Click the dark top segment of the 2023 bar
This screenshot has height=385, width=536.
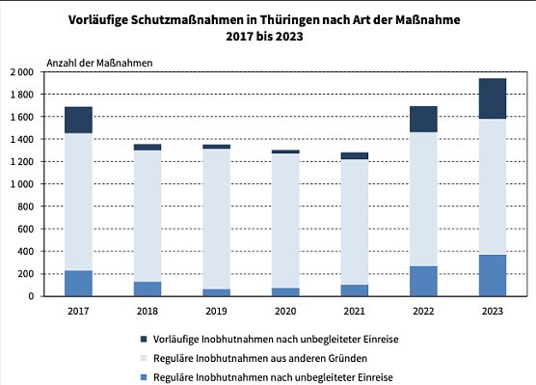(x=493, y=98)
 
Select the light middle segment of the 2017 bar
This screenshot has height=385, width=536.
(x=78, y=202)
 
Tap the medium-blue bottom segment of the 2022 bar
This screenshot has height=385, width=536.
(x=423, y=281)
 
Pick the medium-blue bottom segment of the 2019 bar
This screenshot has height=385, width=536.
(x=216, y=292)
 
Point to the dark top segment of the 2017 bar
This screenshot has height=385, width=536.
(x=78, y=120)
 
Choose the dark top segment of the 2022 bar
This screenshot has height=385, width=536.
(x=423, y=119)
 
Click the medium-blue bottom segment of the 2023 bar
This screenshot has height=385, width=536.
(x=493, y=275)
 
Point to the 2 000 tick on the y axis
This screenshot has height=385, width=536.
(x=21, y=72)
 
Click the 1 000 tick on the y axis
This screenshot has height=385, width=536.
(x=21, y=184)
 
